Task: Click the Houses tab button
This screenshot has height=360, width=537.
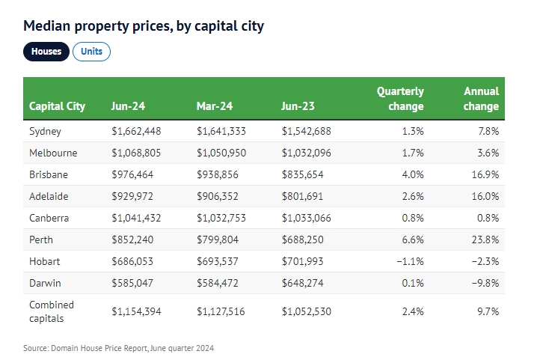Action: pos(46,52)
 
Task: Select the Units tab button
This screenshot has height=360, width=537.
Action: pos(91,52)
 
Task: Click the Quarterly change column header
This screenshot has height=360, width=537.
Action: pos(400,99)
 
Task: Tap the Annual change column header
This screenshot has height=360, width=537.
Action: pos(481,99)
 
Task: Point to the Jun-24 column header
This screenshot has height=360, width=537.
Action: pos(128,106)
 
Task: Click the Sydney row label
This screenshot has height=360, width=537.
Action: pos(45,131)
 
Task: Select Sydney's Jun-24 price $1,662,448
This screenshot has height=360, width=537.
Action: pos(136,131)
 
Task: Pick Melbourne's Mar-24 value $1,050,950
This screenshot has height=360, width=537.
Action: pos(221,153)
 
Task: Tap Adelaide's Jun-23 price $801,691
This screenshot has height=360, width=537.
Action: pos(304,196)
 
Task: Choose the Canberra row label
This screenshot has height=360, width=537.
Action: pos(49,218)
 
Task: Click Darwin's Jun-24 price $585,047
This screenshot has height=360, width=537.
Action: pos(133,284)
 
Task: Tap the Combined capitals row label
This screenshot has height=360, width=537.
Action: pos(52,311)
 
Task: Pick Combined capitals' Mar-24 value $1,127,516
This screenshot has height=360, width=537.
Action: pos(221,311)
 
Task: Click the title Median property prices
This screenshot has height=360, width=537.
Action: pos(144,26)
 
